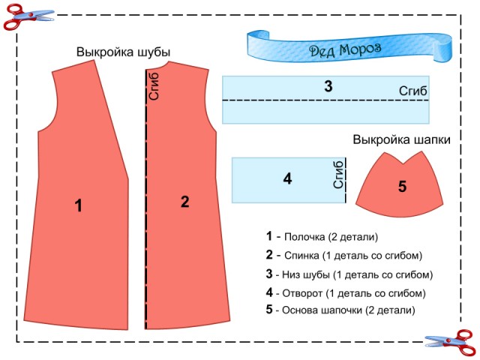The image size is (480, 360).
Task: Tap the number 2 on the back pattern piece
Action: pyautogui.click(x=184, y=202)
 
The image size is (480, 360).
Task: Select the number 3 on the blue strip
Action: pyautogui.click(x=328, y=86)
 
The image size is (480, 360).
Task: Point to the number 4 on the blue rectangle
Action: pyautogui.click(x=287, y=179)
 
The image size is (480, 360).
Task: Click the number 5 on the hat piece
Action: pyautogui.click(x=402, y=187)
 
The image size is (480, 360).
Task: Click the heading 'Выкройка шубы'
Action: pyautogui.click(x=123, y=52)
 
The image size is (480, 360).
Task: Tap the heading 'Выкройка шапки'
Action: pyautogui.click(x=401, y=139)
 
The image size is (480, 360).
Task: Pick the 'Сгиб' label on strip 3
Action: pyautogui.click(x=413, y=91)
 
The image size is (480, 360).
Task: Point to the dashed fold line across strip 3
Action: pyautogui.click(x=300, y=100)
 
